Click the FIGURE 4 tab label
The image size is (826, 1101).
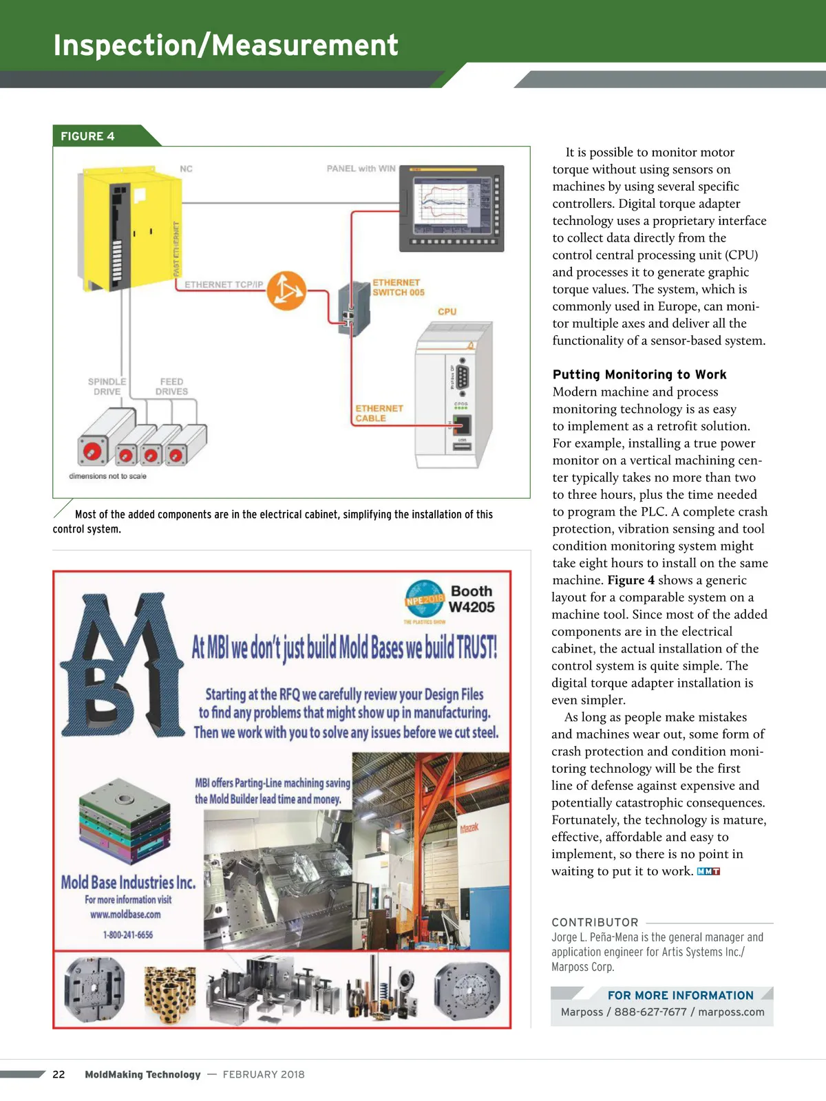click(x=88, y=136)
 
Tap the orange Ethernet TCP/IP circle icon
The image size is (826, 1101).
click(x=286, y=290)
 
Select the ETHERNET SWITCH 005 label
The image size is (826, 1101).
click(x=398, y=288)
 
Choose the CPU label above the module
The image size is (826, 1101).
click(x=447, y=312)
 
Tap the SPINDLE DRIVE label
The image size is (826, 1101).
click(x=107, y=387)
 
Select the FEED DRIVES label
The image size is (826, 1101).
click(x=171, y=387)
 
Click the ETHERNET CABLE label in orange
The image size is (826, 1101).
click(x=379, y=413)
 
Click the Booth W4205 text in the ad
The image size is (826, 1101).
click(x=472, y=599)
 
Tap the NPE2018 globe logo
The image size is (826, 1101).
click(x=424, y=599)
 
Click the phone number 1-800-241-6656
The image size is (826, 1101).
click(x=128, y=934)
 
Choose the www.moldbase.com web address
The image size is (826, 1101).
click(x=125, y=915)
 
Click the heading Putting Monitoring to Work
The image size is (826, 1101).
click(x=639, y=374)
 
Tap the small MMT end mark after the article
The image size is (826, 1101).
click(x=708, y=872)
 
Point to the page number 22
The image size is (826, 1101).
click(x=59, y=1074)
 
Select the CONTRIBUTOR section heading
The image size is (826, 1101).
click(x=595, y=922)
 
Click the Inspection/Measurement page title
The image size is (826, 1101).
click(x=226, y=45)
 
